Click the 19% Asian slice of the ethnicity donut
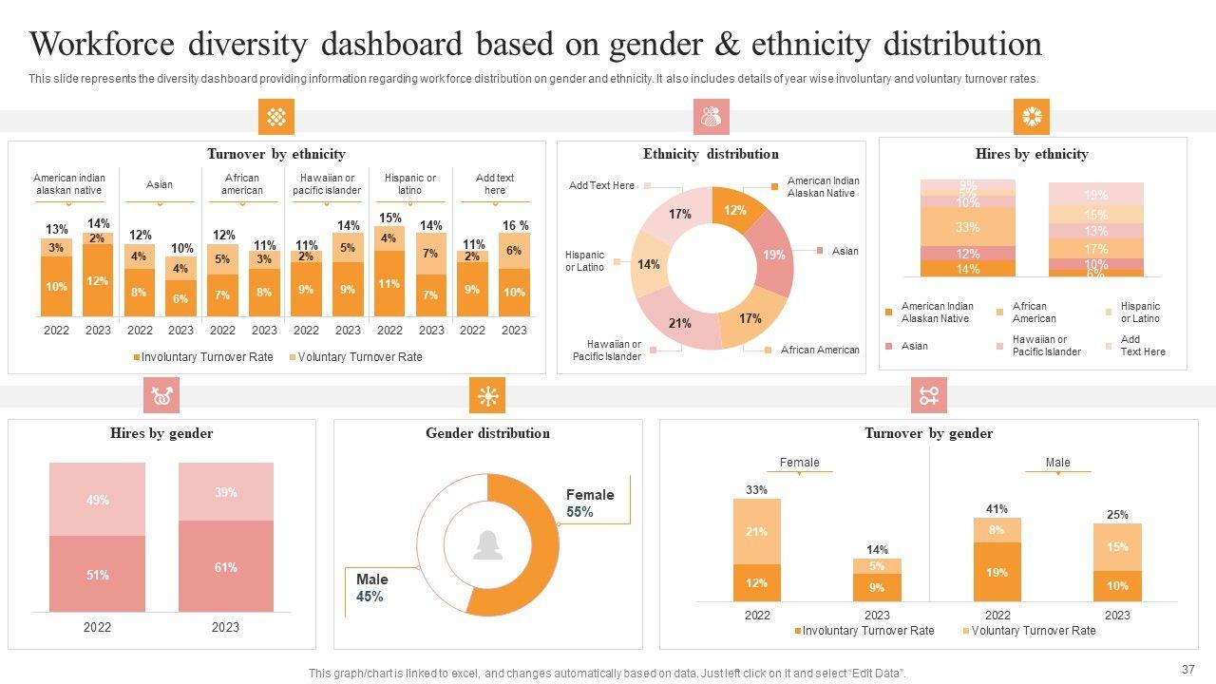pos(774,255)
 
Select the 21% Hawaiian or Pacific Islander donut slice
pos(679,323)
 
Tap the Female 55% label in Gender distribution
pos(590,503)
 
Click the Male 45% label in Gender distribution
pos(371,588)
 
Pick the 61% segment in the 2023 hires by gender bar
pos(226,568)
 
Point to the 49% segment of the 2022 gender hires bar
pos(98,500)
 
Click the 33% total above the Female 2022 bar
pos(756,490)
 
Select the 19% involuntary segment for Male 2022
pos(997,572)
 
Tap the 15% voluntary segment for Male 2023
pos(1117,546)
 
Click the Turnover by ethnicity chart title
pos(276,154)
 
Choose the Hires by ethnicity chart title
pos(1032,154)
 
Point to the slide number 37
pos(1187,669)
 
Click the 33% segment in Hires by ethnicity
pos(967,227)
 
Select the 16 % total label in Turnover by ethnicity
pos(515,225)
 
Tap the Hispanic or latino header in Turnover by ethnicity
pos(410,184)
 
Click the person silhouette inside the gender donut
pos(488,544)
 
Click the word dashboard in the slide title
pos(391,45)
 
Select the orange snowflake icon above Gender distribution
pos(487,395)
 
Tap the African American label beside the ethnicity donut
pos(819,351)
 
